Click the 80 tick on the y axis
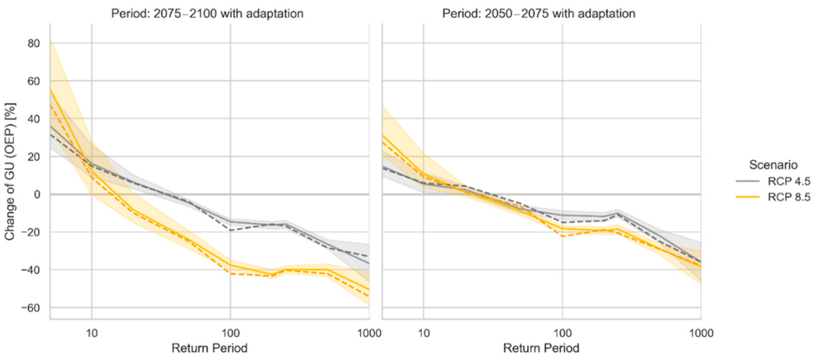34,44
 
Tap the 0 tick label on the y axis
37,194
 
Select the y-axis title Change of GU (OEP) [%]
10,172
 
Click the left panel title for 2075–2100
207,14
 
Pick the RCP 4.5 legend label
789,181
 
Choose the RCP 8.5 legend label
789,197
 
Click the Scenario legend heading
773,165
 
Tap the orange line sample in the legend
748,197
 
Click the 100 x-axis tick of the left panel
230,333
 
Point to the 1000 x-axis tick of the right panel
701,333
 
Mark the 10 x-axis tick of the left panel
92,333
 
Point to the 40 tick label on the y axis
34,119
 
